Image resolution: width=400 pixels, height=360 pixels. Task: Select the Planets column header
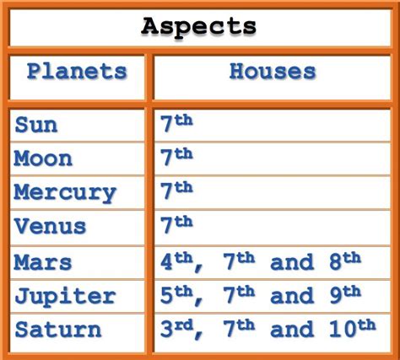click(x=77, y=72)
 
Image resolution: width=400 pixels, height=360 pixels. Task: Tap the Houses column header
click(x=273, y=72)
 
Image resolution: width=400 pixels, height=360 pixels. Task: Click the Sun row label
click(x=36, y=125)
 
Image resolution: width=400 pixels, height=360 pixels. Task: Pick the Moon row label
click(x=43, y=159)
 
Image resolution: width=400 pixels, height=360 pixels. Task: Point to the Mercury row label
click(x=65, y=194)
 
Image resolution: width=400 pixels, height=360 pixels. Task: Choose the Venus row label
click(x=51, y=226)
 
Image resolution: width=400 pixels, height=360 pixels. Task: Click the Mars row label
click(x=43, y=262)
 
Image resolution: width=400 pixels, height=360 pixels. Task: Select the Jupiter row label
click(x=65, y=297)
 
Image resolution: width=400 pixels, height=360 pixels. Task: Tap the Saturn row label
click(x=58, y=330)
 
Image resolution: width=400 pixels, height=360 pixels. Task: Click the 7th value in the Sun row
click(x=176, y=123)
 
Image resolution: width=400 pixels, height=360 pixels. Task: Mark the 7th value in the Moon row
click(x=176, y=157)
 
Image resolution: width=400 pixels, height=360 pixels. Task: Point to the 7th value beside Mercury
click(x=176, y=191)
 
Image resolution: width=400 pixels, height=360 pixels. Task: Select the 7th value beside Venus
click(x=176, y=225)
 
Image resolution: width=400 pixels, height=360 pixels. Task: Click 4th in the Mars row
click(x=176, y=261)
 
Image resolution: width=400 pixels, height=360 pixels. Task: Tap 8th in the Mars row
click(x=345, y=261)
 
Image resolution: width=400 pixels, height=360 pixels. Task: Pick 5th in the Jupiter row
click(x=176, y=295)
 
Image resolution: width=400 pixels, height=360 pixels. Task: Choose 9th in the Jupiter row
click(x=345, y=295)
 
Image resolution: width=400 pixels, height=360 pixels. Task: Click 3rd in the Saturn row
click(x=176, y=329)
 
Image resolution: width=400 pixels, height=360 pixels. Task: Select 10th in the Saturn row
click(x=352, y=328)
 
